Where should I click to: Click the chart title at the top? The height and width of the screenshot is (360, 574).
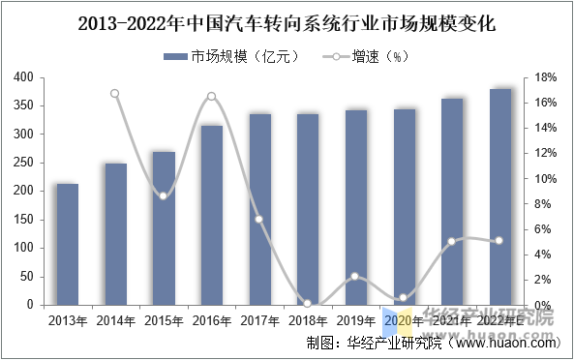pos(287,20)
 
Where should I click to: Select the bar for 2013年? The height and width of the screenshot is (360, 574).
pos(67,244)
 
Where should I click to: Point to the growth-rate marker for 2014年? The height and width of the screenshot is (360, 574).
pos(115,94)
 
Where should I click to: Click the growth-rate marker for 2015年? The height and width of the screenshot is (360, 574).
pos(164,195)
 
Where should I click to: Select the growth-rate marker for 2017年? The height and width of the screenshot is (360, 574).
pos(259,219)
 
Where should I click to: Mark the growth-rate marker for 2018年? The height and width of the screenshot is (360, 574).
pos(307,303)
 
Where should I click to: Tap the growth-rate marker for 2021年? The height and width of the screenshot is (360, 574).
pos(451,241)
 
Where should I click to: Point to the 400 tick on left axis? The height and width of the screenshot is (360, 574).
pos(21,77)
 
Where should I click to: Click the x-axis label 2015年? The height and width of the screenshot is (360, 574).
pos(163,320)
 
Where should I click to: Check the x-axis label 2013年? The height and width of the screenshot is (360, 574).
pos(67,320)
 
